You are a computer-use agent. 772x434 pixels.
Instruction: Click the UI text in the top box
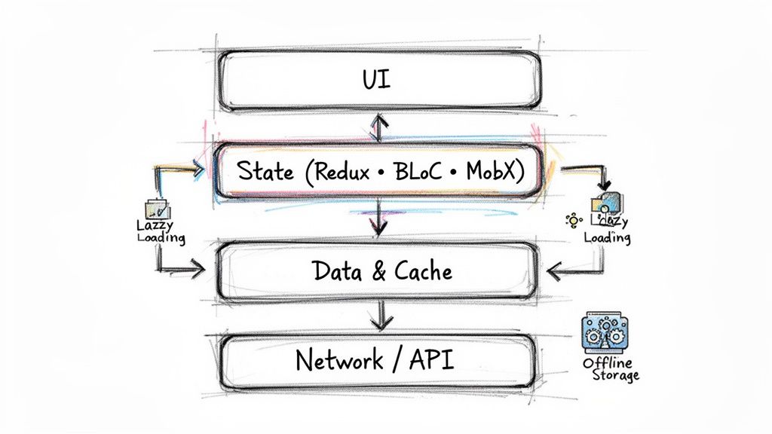378,80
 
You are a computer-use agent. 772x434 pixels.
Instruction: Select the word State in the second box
265,171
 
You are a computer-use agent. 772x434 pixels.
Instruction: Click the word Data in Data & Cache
337,270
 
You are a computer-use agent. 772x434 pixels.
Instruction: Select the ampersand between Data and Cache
379,271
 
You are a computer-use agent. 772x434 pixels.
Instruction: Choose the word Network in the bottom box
339,360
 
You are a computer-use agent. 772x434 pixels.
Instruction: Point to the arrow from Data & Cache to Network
381,315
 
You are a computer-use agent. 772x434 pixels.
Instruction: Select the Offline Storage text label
611,369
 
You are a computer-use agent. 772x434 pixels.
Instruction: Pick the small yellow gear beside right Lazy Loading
573,220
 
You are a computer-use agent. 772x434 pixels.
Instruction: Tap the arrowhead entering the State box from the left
199,171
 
